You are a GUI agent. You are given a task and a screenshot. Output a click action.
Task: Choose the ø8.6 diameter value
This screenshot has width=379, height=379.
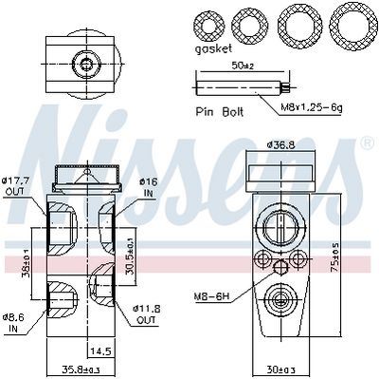coord(15,317)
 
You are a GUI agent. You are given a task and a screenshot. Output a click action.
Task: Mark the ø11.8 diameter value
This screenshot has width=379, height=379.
coord(148,309)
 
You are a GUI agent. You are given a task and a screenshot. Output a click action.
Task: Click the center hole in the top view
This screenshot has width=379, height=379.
coord(87,65)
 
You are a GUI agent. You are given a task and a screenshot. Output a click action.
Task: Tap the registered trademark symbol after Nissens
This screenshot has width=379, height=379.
coord(368,143)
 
